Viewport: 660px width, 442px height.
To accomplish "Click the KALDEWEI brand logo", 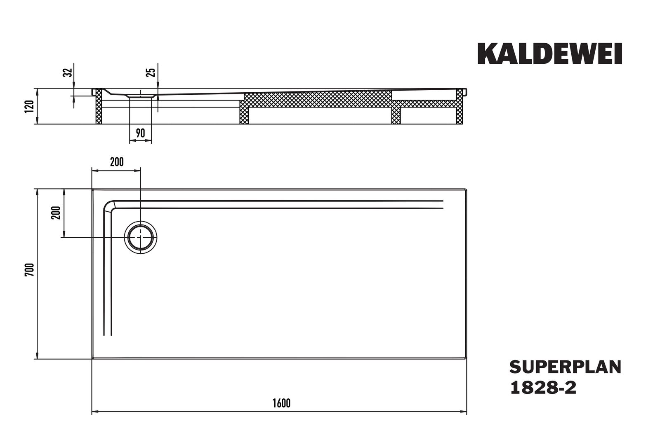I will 549,54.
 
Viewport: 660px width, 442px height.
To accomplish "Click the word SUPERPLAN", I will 565,367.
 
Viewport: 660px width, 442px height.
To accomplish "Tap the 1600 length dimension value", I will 282,403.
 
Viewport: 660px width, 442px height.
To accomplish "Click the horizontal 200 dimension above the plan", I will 117,162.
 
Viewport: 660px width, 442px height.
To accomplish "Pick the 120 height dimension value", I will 29,106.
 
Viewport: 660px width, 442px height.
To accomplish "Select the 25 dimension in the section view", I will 152,72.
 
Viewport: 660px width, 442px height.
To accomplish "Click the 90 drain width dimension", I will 140,133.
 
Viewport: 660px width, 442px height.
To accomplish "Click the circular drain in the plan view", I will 141,237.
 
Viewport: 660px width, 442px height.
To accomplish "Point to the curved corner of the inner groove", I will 109,205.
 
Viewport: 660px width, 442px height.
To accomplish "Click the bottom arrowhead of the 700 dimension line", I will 38,356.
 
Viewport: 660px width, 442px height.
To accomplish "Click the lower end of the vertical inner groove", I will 107,334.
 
